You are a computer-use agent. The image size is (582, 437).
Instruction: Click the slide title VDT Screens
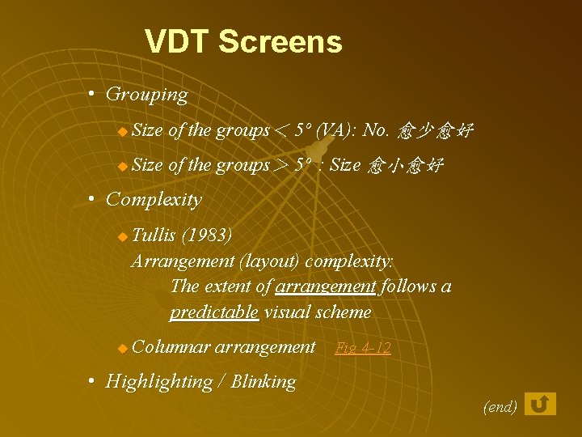click(x=243, y=42)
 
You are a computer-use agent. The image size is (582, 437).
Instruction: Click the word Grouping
click(x=146, y=95)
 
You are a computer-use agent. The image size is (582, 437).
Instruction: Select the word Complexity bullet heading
click(x=154, y=199)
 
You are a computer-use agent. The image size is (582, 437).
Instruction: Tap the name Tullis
click(x=154, y=235)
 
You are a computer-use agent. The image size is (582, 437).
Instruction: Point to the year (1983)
click(x=207, y=235)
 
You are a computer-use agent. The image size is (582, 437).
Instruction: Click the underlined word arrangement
click(x=326, y=286)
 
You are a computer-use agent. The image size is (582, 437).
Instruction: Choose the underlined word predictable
click(x=214, y=312)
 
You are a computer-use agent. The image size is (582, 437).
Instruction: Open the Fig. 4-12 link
click(x=362, y=349)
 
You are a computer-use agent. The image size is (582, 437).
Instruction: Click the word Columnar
click(x=171, y=348)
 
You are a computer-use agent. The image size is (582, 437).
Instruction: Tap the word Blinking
click(x=264, y=382)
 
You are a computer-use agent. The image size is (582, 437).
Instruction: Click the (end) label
click(x=500, y=407)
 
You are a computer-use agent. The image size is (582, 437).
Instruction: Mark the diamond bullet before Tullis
click(x=122, y=237)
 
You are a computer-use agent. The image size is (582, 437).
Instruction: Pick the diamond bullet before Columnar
click(x=122, y=349)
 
